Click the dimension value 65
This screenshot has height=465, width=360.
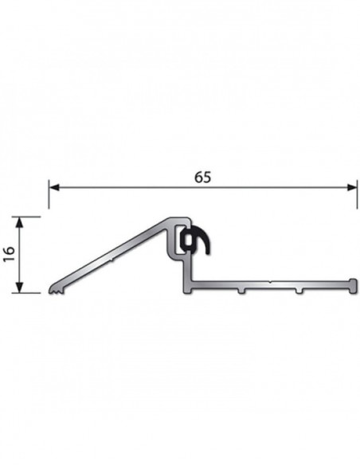point(203,178)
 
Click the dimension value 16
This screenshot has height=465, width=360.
point(10,254)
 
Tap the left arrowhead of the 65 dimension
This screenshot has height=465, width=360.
point(55,187)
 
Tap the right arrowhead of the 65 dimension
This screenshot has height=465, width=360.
point(352,187)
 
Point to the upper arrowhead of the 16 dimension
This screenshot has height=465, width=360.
point(19,222)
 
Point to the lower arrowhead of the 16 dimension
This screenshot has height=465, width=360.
point(19,287)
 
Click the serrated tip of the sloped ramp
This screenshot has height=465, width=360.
point(56,290)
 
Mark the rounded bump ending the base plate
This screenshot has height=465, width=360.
point(353,286)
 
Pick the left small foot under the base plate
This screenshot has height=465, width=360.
point(241,291)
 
